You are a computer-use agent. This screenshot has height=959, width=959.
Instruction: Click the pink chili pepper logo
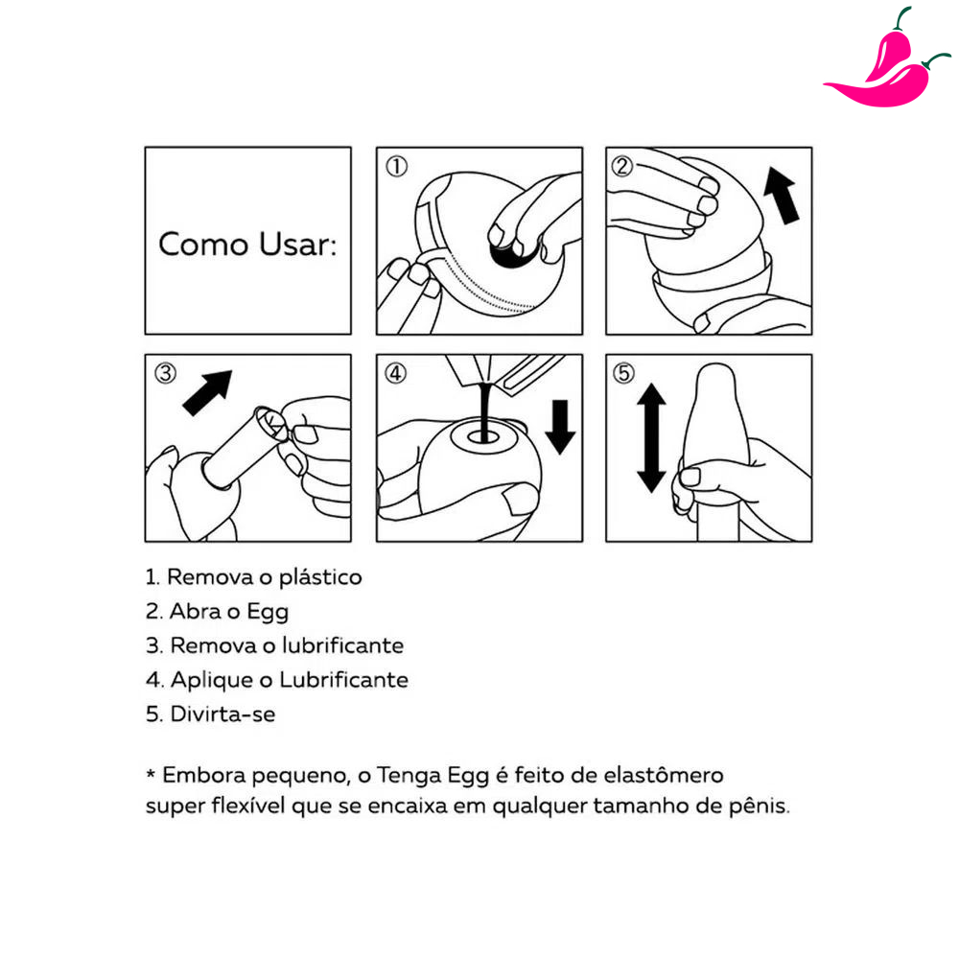point(887,67)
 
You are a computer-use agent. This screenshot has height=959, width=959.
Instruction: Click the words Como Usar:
point(247,244)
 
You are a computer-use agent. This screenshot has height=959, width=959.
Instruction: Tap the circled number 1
point(396,166)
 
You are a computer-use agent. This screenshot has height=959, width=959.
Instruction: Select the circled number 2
point(622,166)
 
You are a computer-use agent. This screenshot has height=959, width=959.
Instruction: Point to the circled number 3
point(165,372)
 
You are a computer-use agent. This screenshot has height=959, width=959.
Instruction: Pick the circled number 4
point(396,372)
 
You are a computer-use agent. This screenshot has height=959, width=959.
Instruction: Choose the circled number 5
point(624,372)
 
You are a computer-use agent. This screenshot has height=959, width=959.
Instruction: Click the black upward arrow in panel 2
point(782,196)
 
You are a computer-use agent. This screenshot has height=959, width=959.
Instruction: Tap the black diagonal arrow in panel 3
point(208,392)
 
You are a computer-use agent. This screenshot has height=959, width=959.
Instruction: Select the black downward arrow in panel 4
point(560,427)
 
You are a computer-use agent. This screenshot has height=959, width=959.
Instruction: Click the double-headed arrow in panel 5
point(651,438)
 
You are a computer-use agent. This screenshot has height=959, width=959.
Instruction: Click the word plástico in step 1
point(320,577)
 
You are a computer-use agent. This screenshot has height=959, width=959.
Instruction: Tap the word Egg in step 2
point(268,612)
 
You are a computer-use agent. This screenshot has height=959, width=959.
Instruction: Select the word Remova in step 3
point(214,645)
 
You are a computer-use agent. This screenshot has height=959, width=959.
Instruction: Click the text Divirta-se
point(222,713)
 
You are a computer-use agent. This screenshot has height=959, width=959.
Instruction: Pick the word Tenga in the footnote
point(408,776)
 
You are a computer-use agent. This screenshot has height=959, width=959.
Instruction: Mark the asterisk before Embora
point(151,774)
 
